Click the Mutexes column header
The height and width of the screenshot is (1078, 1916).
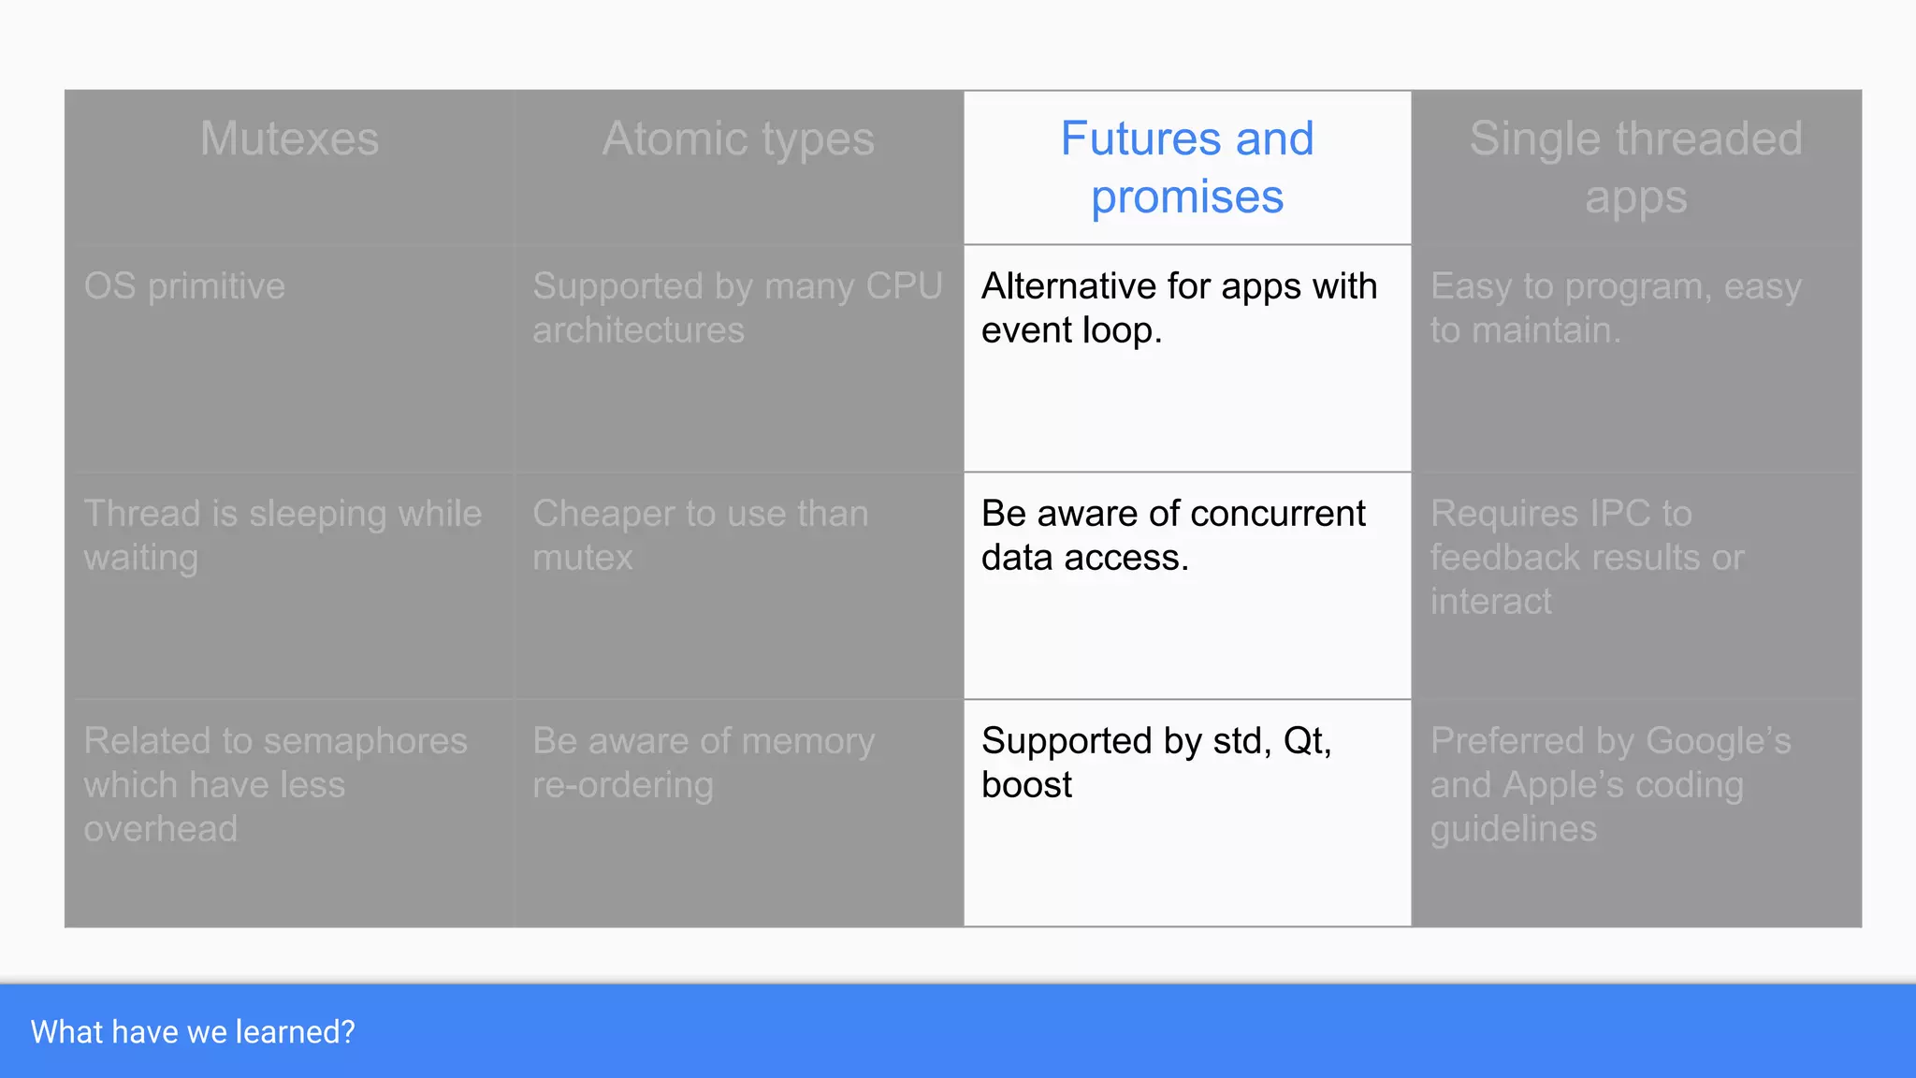289,139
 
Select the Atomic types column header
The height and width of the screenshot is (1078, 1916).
738,139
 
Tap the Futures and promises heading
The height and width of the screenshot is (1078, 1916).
1186,168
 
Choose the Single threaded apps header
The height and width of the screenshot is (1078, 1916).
1635,168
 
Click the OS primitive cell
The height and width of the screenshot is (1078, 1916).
184,286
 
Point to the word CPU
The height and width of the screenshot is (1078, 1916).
904,286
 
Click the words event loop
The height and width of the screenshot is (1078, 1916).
1071,330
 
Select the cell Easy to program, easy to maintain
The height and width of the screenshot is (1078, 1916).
1616,308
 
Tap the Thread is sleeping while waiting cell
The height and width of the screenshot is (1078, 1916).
283,535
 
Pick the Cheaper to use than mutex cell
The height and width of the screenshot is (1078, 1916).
700,535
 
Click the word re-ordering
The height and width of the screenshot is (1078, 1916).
623,785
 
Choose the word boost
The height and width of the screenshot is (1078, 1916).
1026,785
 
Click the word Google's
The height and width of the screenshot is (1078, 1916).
1718,741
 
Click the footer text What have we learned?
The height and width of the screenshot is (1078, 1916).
193,1032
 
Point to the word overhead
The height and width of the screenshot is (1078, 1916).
161,829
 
